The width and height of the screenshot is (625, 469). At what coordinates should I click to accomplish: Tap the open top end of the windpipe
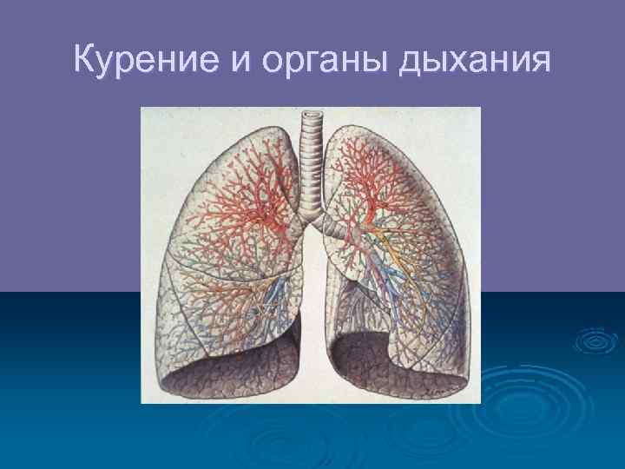(311, 114)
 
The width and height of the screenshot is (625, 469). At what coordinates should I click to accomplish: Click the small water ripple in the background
(592, 341)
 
